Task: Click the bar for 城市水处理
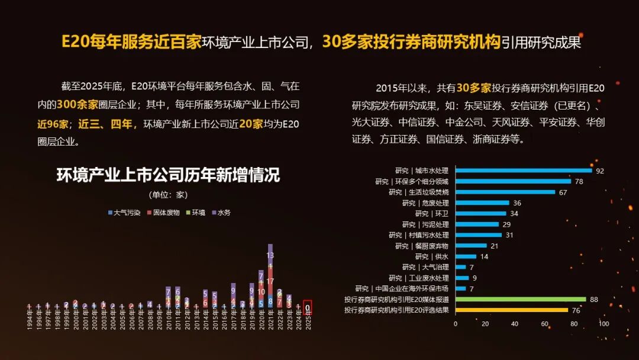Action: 523,171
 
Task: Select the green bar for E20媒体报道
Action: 520,300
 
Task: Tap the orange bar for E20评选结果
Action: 511,310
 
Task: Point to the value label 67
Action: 563,192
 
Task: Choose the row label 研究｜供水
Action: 431,256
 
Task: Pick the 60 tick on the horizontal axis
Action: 544,324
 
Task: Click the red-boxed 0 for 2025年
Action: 308,307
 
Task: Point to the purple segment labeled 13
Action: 270,255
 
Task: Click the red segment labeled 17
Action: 270,282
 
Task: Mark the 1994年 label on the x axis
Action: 29,324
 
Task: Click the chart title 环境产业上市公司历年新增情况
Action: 168,175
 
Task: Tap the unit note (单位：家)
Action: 168,195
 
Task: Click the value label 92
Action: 600,171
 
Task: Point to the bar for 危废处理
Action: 482,202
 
